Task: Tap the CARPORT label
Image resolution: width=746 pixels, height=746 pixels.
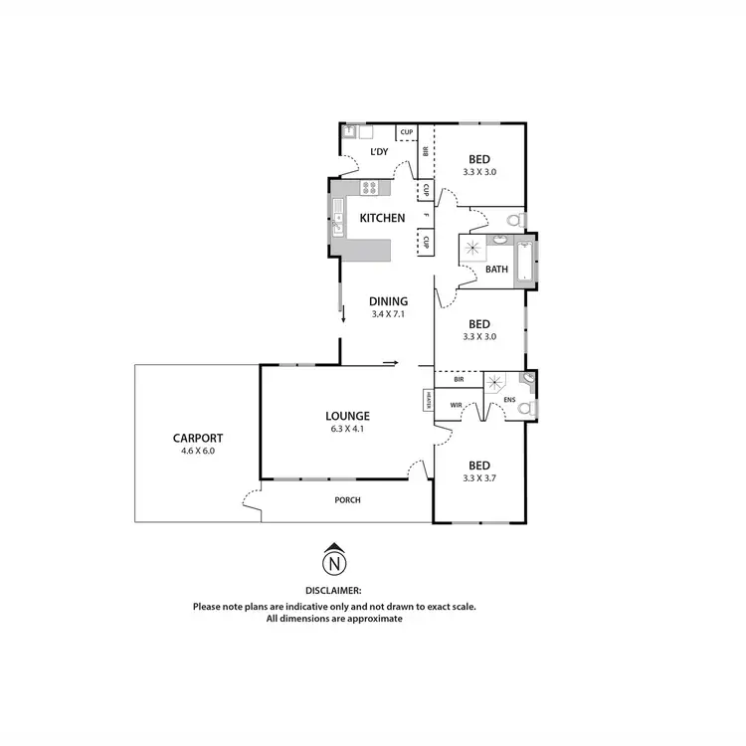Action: pos(197,438)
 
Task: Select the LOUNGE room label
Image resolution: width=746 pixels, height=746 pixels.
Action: pos(347,416)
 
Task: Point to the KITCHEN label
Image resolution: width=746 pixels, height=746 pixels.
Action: pos(382,218)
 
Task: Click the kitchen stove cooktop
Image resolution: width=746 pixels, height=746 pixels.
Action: pos(369,187)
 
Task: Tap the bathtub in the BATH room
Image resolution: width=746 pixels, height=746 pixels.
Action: pos(524,263)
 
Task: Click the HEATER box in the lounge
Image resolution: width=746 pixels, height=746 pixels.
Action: pos(428,400)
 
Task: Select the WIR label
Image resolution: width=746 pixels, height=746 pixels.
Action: pos(457,405)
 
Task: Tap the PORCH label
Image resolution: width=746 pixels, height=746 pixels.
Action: pos(347,499)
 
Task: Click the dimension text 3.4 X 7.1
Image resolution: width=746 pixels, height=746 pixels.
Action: pos(388,314)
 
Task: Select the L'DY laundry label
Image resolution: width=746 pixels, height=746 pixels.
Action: pos(379,152)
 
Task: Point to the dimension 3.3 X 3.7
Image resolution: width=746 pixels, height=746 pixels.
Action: pos(479,478)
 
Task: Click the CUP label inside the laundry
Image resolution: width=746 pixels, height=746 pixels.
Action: pos(406,131)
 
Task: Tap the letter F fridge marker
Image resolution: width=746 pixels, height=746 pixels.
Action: pos(426,216)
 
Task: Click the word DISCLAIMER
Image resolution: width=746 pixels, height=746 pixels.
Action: pos(334,590)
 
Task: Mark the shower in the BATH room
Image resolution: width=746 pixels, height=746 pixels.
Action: pos(473,250)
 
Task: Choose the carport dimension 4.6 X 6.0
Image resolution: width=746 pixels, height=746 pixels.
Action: pos(197,451)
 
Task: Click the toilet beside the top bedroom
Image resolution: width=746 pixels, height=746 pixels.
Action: pos(513,220)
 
